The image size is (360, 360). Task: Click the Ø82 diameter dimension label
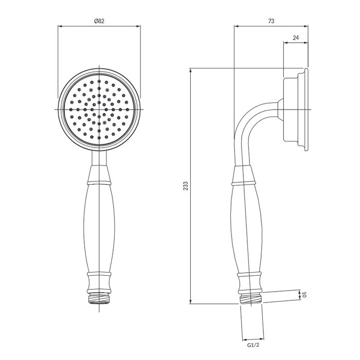click(x=99, y=21)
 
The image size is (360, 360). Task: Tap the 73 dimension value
click(x=271, y=21)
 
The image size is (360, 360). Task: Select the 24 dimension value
click(x=296, y=38)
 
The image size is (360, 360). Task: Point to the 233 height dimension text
click(x=186, y=186)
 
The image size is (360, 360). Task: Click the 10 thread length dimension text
click(x=304, y=295)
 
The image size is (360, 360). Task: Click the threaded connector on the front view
click(x=99, y=298)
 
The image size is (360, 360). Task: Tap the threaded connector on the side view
click(x=251, y=298)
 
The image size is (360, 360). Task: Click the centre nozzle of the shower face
click(x=99, y=109)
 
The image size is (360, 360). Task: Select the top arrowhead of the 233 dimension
click(x=190, y=70)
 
